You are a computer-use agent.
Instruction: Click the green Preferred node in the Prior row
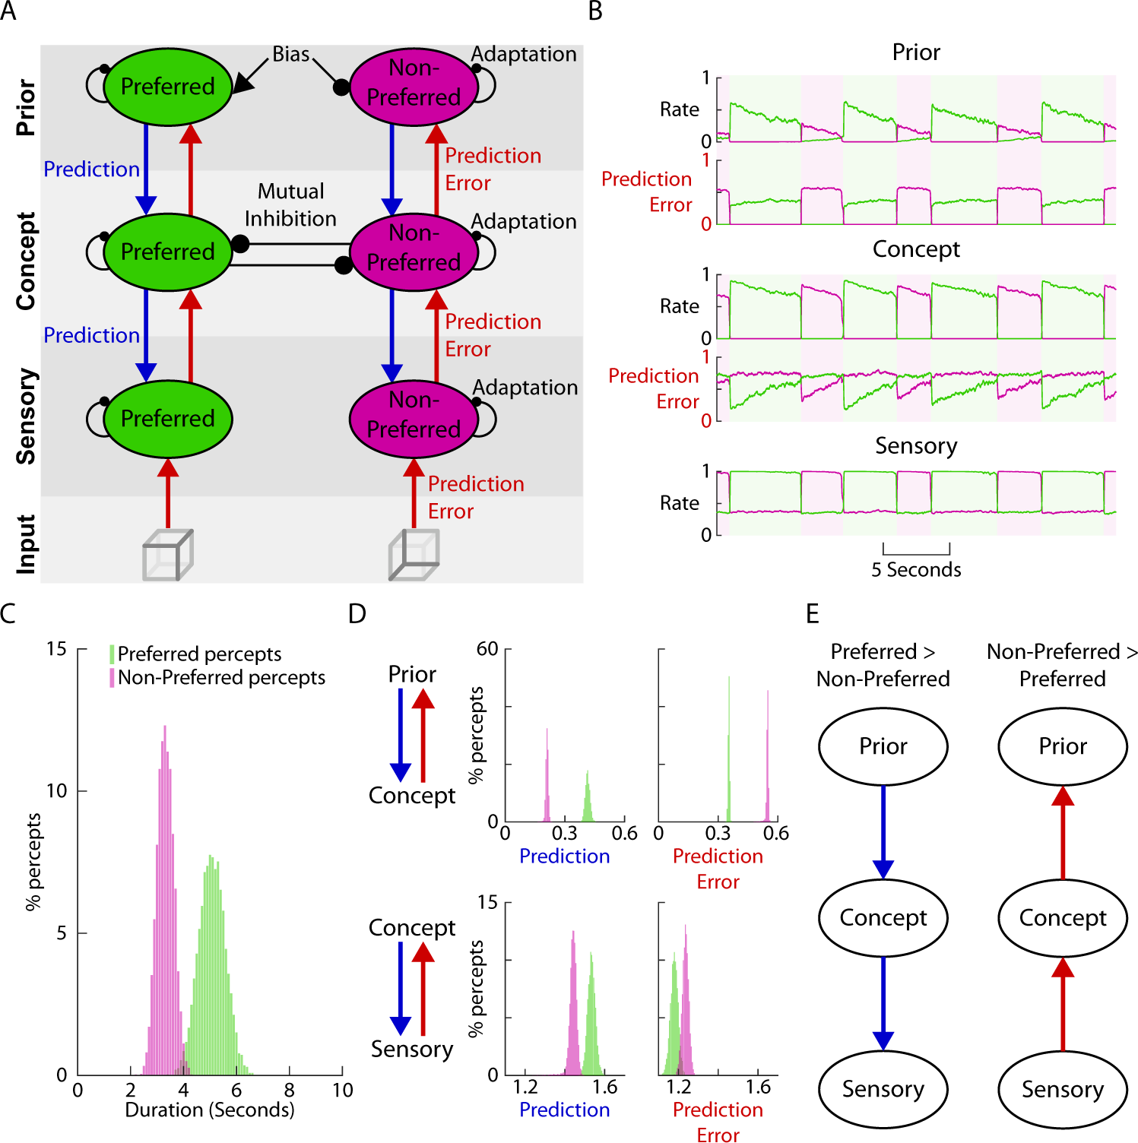[x=167, y=87]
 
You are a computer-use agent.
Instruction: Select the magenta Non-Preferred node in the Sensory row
[x=414, y=417]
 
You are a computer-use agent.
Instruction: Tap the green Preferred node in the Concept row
[x=167, y=252]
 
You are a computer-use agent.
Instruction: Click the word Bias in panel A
[x=291, y=55]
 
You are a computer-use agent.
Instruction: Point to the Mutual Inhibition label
[x=290, y=204]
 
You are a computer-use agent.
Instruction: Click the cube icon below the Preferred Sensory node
[x=168, y=555]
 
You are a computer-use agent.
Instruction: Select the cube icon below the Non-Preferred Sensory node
[x=414, y=555]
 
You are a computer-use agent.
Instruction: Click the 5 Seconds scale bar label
[x=916, y=570]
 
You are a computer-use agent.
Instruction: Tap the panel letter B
[x=595, y=11]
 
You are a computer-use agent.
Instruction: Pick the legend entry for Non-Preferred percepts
[x=221, y=677]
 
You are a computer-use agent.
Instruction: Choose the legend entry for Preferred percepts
[x=199, y=654]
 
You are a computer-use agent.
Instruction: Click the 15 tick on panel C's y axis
[x=56, y=649]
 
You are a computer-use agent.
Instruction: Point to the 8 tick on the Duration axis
[x=289, y=1091]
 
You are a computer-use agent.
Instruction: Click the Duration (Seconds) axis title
[x=210, y=1110]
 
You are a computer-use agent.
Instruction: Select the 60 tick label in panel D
[x=487, y=649]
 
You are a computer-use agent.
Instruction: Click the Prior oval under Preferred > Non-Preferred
[x=883, y=746]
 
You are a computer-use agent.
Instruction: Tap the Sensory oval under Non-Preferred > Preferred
[x=1062, y=1089]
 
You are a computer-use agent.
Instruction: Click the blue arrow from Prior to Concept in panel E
[x=883, y=832]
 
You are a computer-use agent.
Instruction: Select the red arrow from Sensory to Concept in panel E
[x=1062, y=1005]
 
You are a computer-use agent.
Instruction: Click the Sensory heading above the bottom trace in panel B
[x=916, y=446]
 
